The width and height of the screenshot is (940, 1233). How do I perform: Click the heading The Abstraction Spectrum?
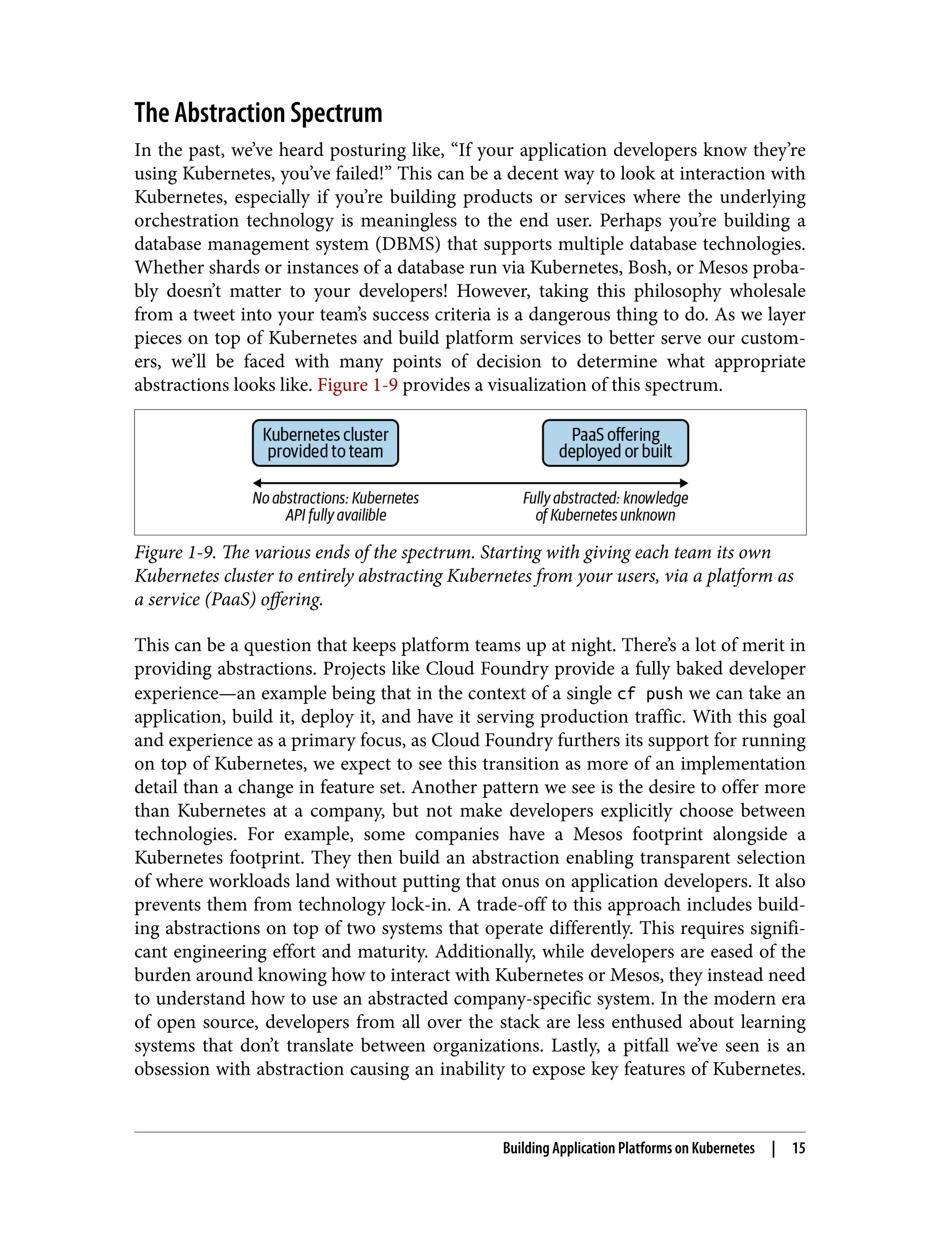258,113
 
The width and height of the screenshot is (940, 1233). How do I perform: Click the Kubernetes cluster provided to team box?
325,443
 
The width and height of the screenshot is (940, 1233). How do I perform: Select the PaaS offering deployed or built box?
615,443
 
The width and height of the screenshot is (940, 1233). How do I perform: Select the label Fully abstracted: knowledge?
605,498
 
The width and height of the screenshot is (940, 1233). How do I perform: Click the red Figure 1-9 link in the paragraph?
357,385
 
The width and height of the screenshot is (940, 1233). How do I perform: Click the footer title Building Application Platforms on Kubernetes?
628,1148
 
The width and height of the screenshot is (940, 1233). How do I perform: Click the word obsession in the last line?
172,1069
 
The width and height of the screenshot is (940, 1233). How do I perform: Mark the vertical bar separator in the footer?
773,1148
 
